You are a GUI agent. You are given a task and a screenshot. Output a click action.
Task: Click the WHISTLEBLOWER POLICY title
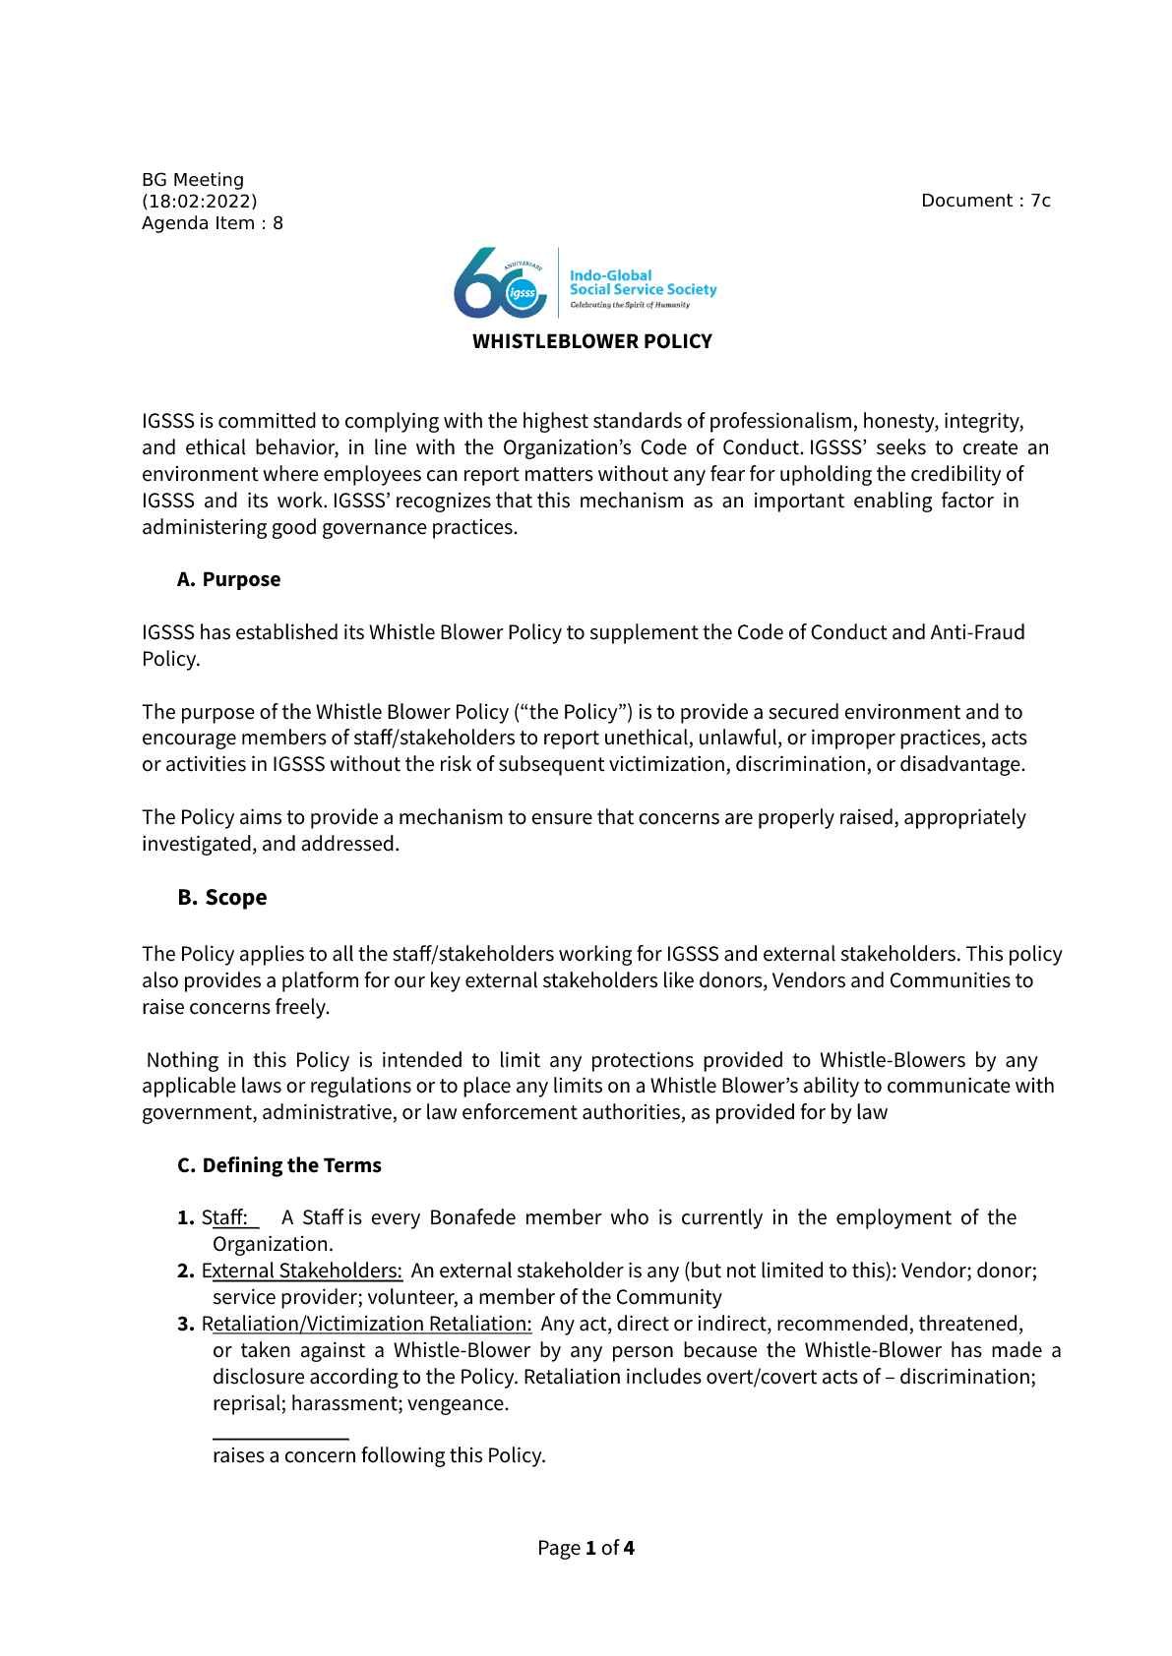(x=591, y=342)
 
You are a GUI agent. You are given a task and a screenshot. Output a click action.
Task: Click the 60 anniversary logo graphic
(x=501, y=284)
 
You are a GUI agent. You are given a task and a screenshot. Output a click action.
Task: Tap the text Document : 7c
(x=985, y=202)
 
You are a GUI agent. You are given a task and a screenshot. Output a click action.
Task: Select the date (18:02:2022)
(x=199, y=202)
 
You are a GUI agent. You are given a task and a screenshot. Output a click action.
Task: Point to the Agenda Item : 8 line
(x=212, y=223)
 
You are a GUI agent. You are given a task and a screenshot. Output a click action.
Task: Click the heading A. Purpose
(x=228, y=580)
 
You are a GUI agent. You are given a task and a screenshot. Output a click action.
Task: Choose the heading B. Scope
(x=222, y=898)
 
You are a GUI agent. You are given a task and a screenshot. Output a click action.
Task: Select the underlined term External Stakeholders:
(x=303, y=1271)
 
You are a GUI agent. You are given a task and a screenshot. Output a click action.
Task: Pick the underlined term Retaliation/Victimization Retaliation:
(x=368, y=1324)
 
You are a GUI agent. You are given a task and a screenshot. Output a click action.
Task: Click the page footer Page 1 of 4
(x=586, y=1549)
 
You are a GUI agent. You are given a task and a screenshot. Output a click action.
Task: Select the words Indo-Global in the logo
(x=610, y=276)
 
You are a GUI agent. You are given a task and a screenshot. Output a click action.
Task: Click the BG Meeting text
(x=193, y=180)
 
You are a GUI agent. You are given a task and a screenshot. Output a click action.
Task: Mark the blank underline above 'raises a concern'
(x=280, y=1439)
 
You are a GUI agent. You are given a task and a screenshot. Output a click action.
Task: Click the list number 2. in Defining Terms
(x=186, y=1271)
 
